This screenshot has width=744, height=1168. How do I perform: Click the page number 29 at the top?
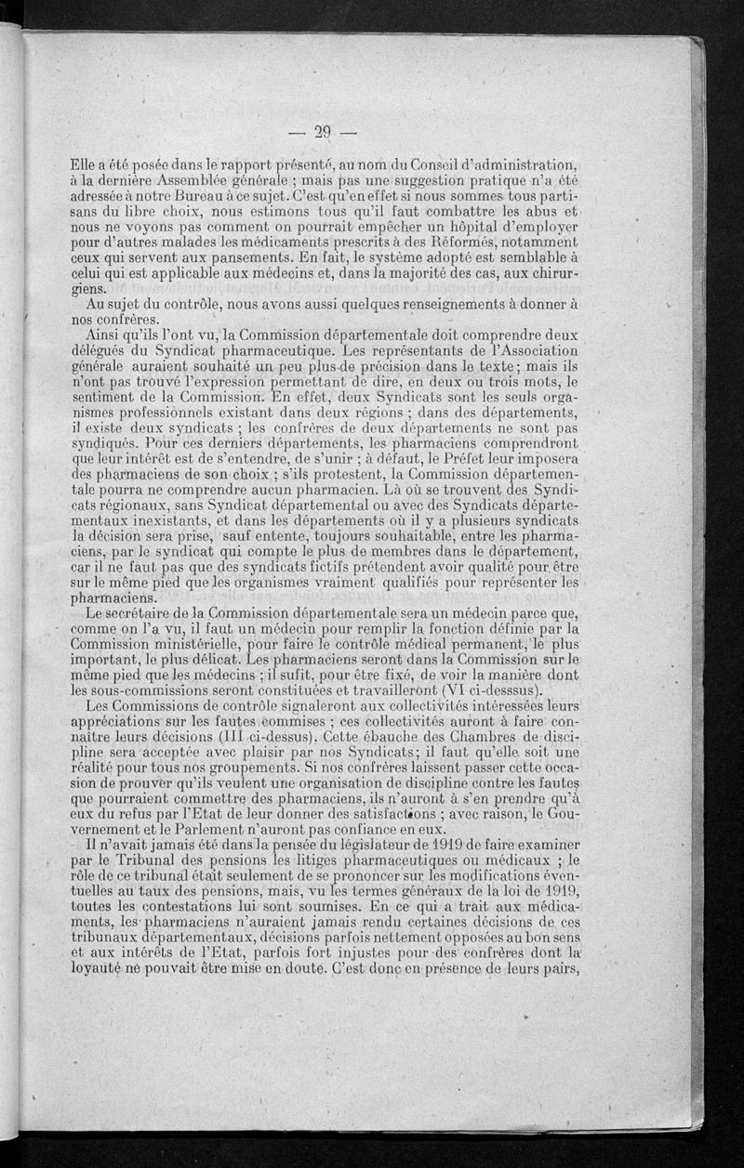(x=323, y=132)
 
